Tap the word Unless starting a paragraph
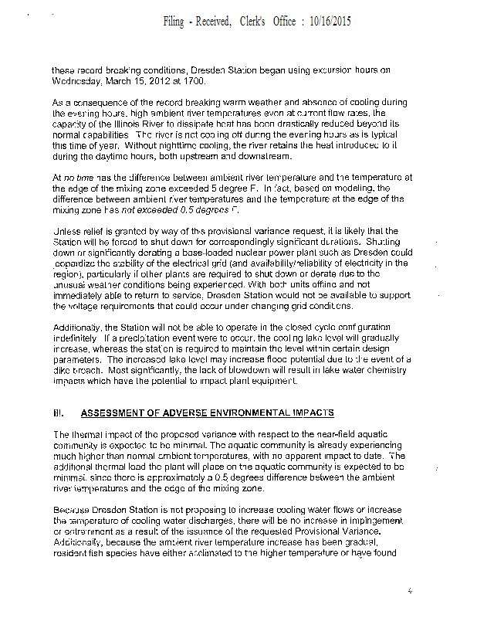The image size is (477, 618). pyautogui.click(x=66, y=231)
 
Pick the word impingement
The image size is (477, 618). pyautogui.click(x=365, y=521)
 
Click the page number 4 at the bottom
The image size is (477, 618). pyautogui.click(x=410, y=591)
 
